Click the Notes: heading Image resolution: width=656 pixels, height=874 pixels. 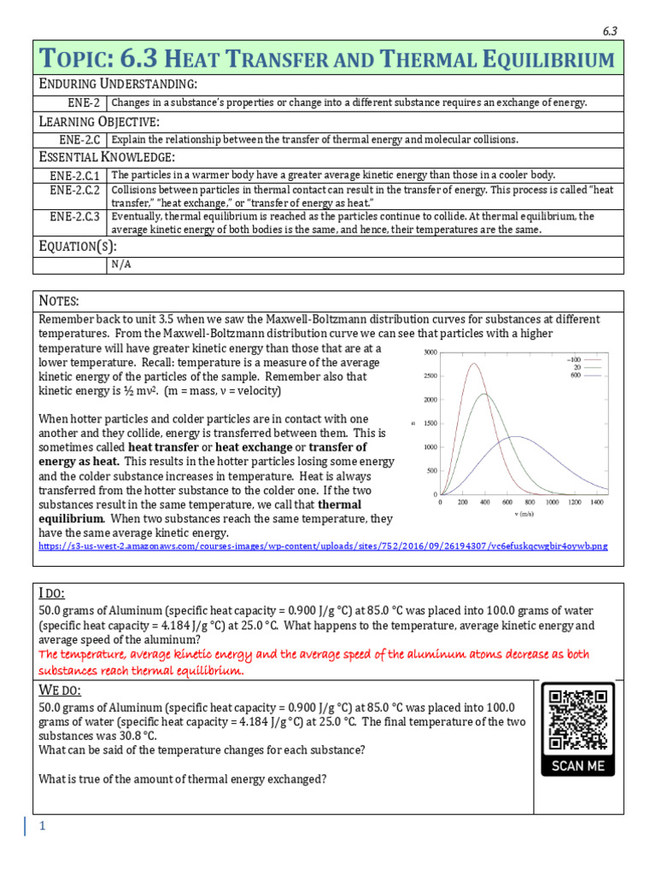(x=59, y=301)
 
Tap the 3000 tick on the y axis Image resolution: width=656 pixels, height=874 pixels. (x=430, y=352)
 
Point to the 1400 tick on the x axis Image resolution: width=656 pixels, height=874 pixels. (x=596, y=503)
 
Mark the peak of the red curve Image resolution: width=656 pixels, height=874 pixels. (x=472, y=364)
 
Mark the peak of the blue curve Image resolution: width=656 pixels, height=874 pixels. (x=517, y=436)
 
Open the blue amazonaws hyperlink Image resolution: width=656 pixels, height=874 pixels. (x=324, y=545)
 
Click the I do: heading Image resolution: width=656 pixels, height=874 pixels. (x=52, y=593)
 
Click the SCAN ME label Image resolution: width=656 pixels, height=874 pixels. (x=577, y=766)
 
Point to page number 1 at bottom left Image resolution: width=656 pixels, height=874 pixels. (x=40, y=826)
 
